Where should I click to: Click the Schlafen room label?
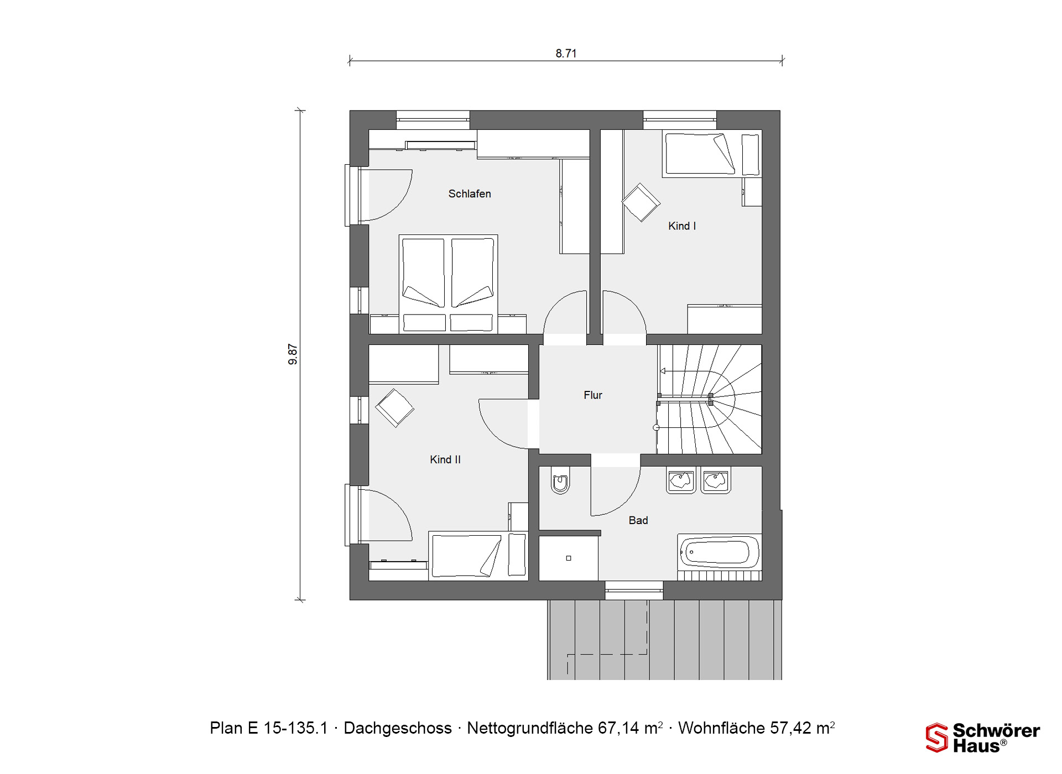click(470, 194)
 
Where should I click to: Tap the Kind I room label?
click(682, 226)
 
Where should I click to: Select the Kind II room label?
click(445, 460)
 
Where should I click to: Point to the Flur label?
click(593, 395)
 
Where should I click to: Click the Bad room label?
click(638, 521)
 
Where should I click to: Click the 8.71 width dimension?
click(566, 54)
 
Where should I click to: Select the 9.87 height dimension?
click(293, 354)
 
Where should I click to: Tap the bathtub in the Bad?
click(719, 552)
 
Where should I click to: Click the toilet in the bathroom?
click(560, 481)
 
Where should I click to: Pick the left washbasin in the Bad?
click(681, 480)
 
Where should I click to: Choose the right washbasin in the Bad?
click(716, 480)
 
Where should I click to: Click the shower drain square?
click(569, 558)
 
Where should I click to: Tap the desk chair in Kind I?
click(641, 202)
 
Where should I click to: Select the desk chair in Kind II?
click(394, 408)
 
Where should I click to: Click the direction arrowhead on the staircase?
click(663, 372)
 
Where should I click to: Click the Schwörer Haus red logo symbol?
click(937, 738)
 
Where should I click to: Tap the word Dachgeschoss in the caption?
click(398, 728)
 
